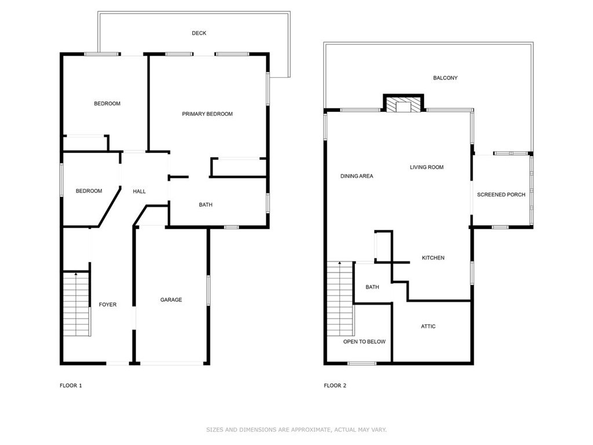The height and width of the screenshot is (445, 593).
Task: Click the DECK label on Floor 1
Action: pyautogui.click(x=199, y=33)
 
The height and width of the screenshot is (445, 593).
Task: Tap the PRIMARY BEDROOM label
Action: pyautogui.click(x=207, y=114)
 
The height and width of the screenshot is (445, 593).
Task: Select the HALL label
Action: pyautogui.click(x=139, y=191)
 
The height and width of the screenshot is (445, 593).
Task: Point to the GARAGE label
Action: pyautogui.click(x=171, y=300)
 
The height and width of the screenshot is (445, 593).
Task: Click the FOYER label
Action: pyautogui.click(x=108, y=305)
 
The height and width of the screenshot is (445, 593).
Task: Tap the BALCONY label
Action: pyautogui.click(x=445, y=78)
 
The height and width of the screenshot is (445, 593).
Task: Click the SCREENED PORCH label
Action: pyautogui.click(x=501, y=195)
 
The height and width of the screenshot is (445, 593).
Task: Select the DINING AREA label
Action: pyautogui.click(x=357, y=176)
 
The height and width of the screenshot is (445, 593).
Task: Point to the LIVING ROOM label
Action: pyautogui.click(x=427, y=167)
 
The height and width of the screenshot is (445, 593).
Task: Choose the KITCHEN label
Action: pyautogui.click(x=433, y=258)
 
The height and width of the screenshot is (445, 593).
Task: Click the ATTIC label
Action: pyautogui.click(x=428, y=327)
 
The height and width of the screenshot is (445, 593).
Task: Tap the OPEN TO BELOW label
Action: pyautogui.click(x=364, y=342)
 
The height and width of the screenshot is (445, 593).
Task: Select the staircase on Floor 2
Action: pyautogui.click(x=341, y=298)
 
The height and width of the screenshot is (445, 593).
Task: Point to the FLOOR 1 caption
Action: pyautogui.click(x=71, y=385)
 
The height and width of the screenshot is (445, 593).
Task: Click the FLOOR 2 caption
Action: pyautogui.click(x=335, y=385)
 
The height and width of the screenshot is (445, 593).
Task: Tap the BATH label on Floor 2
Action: pyautogui.click(x=372, y=287)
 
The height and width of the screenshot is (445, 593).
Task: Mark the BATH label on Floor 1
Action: pyautogui.click(x=206, y=205)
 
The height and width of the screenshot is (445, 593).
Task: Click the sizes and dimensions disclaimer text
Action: pyautogui.click(x=296, y=430)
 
